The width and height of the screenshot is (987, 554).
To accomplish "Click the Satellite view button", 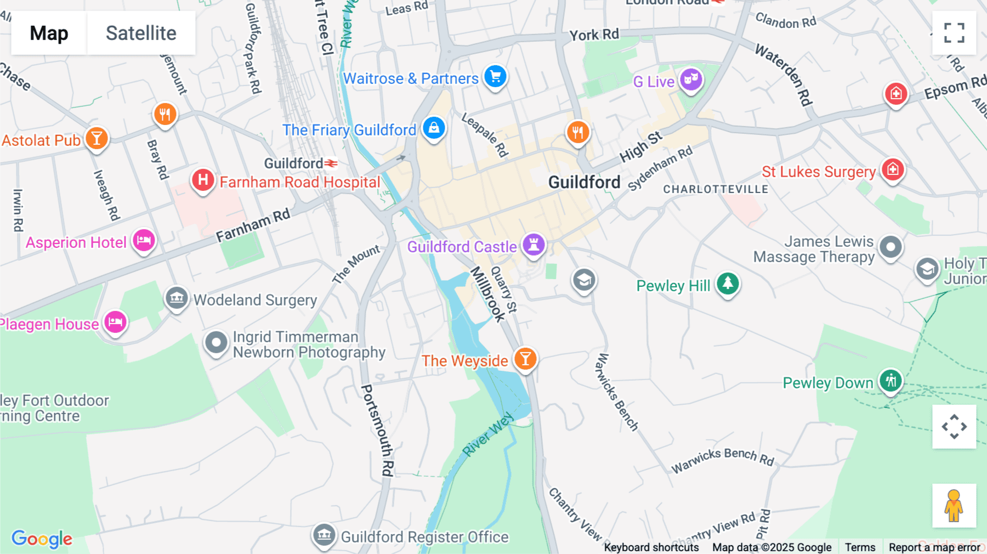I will tap(141, 33).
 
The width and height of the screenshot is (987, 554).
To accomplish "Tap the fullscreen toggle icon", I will tap(954, 33).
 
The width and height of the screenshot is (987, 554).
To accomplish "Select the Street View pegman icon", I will tap(954, 505).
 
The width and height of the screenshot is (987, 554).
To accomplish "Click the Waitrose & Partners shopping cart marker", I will tap(496, 76).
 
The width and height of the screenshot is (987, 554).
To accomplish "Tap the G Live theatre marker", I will tap(691, 80).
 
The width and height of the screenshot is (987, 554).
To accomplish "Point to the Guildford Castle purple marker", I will tap(534, 244).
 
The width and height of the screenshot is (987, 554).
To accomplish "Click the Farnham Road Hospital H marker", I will tap(203, 179).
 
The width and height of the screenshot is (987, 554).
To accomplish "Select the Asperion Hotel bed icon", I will tap(144, 240).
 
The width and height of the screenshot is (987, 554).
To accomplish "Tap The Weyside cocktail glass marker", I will tap(525, 359).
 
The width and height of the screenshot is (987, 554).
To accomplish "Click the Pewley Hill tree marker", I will tap(728, 283).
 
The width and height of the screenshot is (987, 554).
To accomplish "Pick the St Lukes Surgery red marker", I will tap(893, 169).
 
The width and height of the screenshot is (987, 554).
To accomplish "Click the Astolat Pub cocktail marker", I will tap(97, 138).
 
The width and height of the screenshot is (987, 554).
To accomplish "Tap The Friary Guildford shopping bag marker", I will tap(434, 128).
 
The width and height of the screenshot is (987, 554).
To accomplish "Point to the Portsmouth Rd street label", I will tap(377, 430).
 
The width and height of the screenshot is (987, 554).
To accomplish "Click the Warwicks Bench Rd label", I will tap(723, 460).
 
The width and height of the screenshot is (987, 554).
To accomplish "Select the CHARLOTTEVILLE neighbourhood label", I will tap(716, 189).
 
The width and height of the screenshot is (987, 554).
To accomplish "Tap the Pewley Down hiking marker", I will tap(890, 380).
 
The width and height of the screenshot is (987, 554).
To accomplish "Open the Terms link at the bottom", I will tap(860, 547).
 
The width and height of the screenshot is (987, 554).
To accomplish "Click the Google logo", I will tap(42, 539).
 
